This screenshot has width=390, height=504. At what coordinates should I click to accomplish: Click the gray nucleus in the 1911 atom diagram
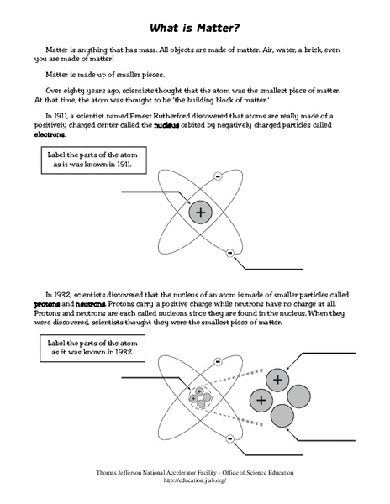[x=200, y=213]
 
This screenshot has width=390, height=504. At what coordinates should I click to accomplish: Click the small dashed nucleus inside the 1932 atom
[x=199, y=396]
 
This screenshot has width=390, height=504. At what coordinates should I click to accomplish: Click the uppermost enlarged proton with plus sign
[x=276, y=380]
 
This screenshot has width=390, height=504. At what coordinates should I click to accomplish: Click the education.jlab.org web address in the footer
[x=194, y=481]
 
